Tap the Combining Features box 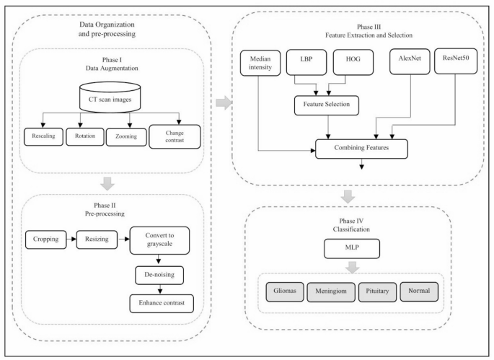(362, 149)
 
